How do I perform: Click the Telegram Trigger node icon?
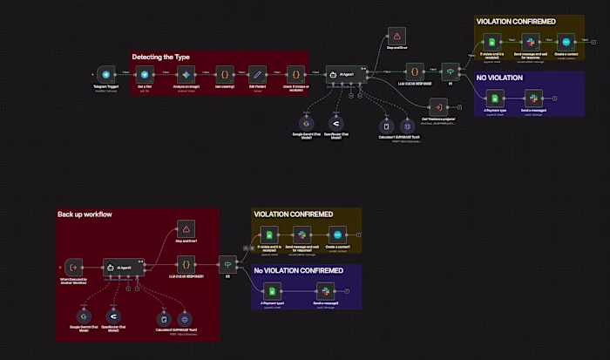tap(105, 75)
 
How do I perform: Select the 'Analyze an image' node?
tap(184, 75)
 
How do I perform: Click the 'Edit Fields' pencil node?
tap(256, 75)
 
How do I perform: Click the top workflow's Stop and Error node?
tap(396, 37)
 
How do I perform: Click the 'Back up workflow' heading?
tap(85, 214)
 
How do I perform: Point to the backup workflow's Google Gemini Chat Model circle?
tap(85, 316)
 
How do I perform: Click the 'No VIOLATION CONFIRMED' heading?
tap(297, 270)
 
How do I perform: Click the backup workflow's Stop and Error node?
tap(186, 228)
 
